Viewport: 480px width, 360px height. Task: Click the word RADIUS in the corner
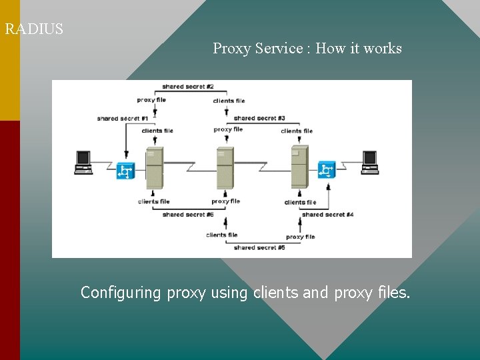click(34, 29)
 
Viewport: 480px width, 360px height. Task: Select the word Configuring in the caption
click(121, 293)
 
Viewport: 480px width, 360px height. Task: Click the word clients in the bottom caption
click(276, 293)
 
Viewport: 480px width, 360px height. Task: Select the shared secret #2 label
click(187, 87)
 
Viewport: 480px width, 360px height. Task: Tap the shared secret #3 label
click(259, 118)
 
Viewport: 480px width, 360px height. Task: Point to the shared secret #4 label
click(327, 215)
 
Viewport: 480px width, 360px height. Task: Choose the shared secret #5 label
click(259, 247)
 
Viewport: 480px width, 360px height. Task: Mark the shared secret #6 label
click(188, 215)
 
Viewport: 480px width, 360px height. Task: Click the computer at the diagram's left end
click(83, 162)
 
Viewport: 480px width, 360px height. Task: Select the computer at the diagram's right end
click(370, 162)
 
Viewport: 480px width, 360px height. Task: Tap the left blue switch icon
click(125, 171)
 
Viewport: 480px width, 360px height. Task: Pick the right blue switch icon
click(327, 170)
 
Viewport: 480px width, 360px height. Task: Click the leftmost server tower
click(154, 167)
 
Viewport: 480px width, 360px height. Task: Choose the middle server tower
click(225, 167)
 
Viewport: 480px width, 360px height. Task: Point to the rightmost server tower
click(299, 167)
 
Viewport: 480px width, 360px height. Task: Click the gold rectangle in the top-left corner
click(10, 60)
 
